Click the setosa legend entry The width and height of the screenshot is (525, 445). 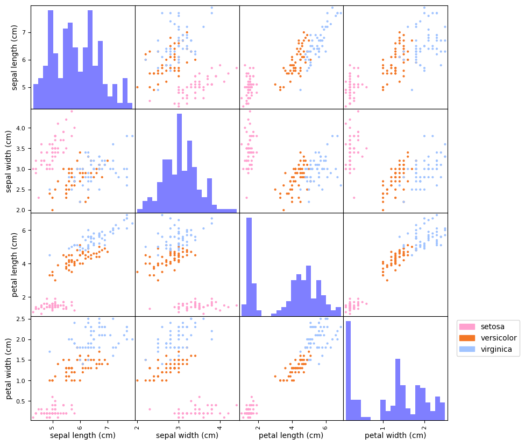click(x=493, y=326)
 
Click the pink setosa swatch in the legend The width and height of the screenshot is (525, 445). click(x=467, y=326)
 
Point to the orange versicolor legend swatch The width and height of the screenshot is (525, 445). click(x=467, y=338)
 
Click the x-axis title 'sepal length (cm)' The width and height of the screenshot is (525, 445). click(x=82, y=435)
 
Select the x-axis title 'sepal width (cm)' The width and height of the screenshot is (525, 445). click(x=187, y=435)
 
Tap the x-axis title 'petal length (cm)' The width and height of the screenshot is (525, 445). click(x=291, y=435)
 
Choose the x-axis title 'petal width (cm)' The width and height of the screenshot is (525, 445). click(x=395, y=435)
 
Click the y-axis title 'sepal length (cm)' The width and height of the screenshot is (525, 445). click(x=10, y=57)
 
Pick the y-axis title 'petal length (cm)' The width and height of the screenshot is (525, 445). click(x=10, y=265)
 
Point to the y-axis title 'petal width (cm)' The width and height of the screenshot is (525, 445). click(x=10, y=369)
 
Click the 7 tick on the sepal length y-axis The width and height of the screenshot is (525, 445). click(x=25, y=32)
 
